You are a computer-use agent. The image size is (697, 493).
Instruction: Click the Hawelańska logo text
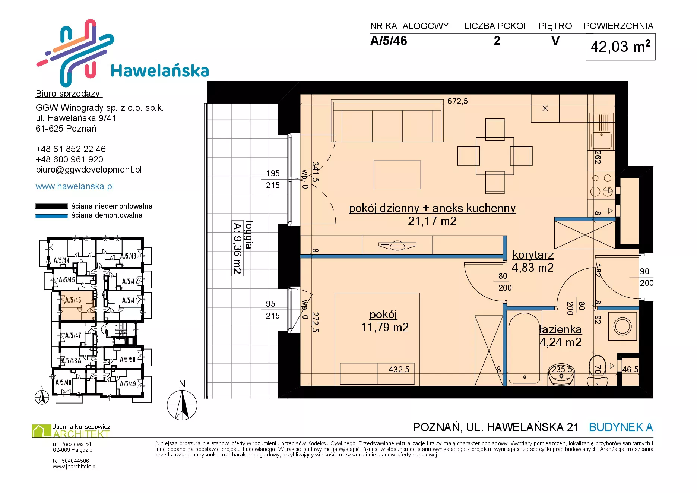160,71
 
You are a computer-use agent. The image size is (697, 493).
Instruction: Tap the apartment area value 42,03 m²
620,47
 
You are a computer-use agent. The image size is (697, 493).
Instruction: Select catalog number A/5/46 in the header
389,41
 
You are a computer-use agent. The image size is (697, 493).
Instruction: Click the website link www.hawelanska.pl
75,186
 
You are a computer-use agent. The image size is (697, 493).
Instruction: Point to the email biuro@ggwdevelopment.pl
89,170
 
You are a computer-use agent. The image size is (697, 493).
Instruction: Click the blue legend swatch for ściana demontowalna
51,216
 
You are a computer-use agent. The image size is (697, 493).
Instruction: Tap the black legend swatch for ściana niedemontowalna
51,206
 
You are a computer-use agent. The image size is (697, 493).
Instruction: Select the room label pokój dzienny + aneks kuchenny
432,208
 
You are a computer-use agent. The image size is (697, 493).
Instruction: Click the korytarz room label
533,255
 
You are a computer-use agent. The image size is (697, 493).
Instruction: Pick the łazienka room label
561,329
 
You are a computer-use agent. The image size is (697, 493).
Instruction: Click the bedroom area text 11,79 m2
385,327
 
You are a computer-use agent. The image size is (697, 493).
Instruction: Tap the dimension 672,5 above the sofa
457,101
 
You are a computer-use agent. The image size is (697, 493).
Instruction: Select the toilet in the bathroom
597,370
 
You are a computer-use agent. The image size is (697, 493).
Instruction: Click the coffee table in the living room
397,175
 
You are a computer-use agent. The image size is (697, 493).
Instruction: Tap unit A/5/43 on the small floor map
128,256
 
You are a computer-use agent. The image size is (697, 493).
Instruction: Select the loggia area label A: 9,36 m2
237,248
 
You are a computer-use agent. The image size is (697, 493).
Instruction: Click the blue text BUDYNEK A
621,427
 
